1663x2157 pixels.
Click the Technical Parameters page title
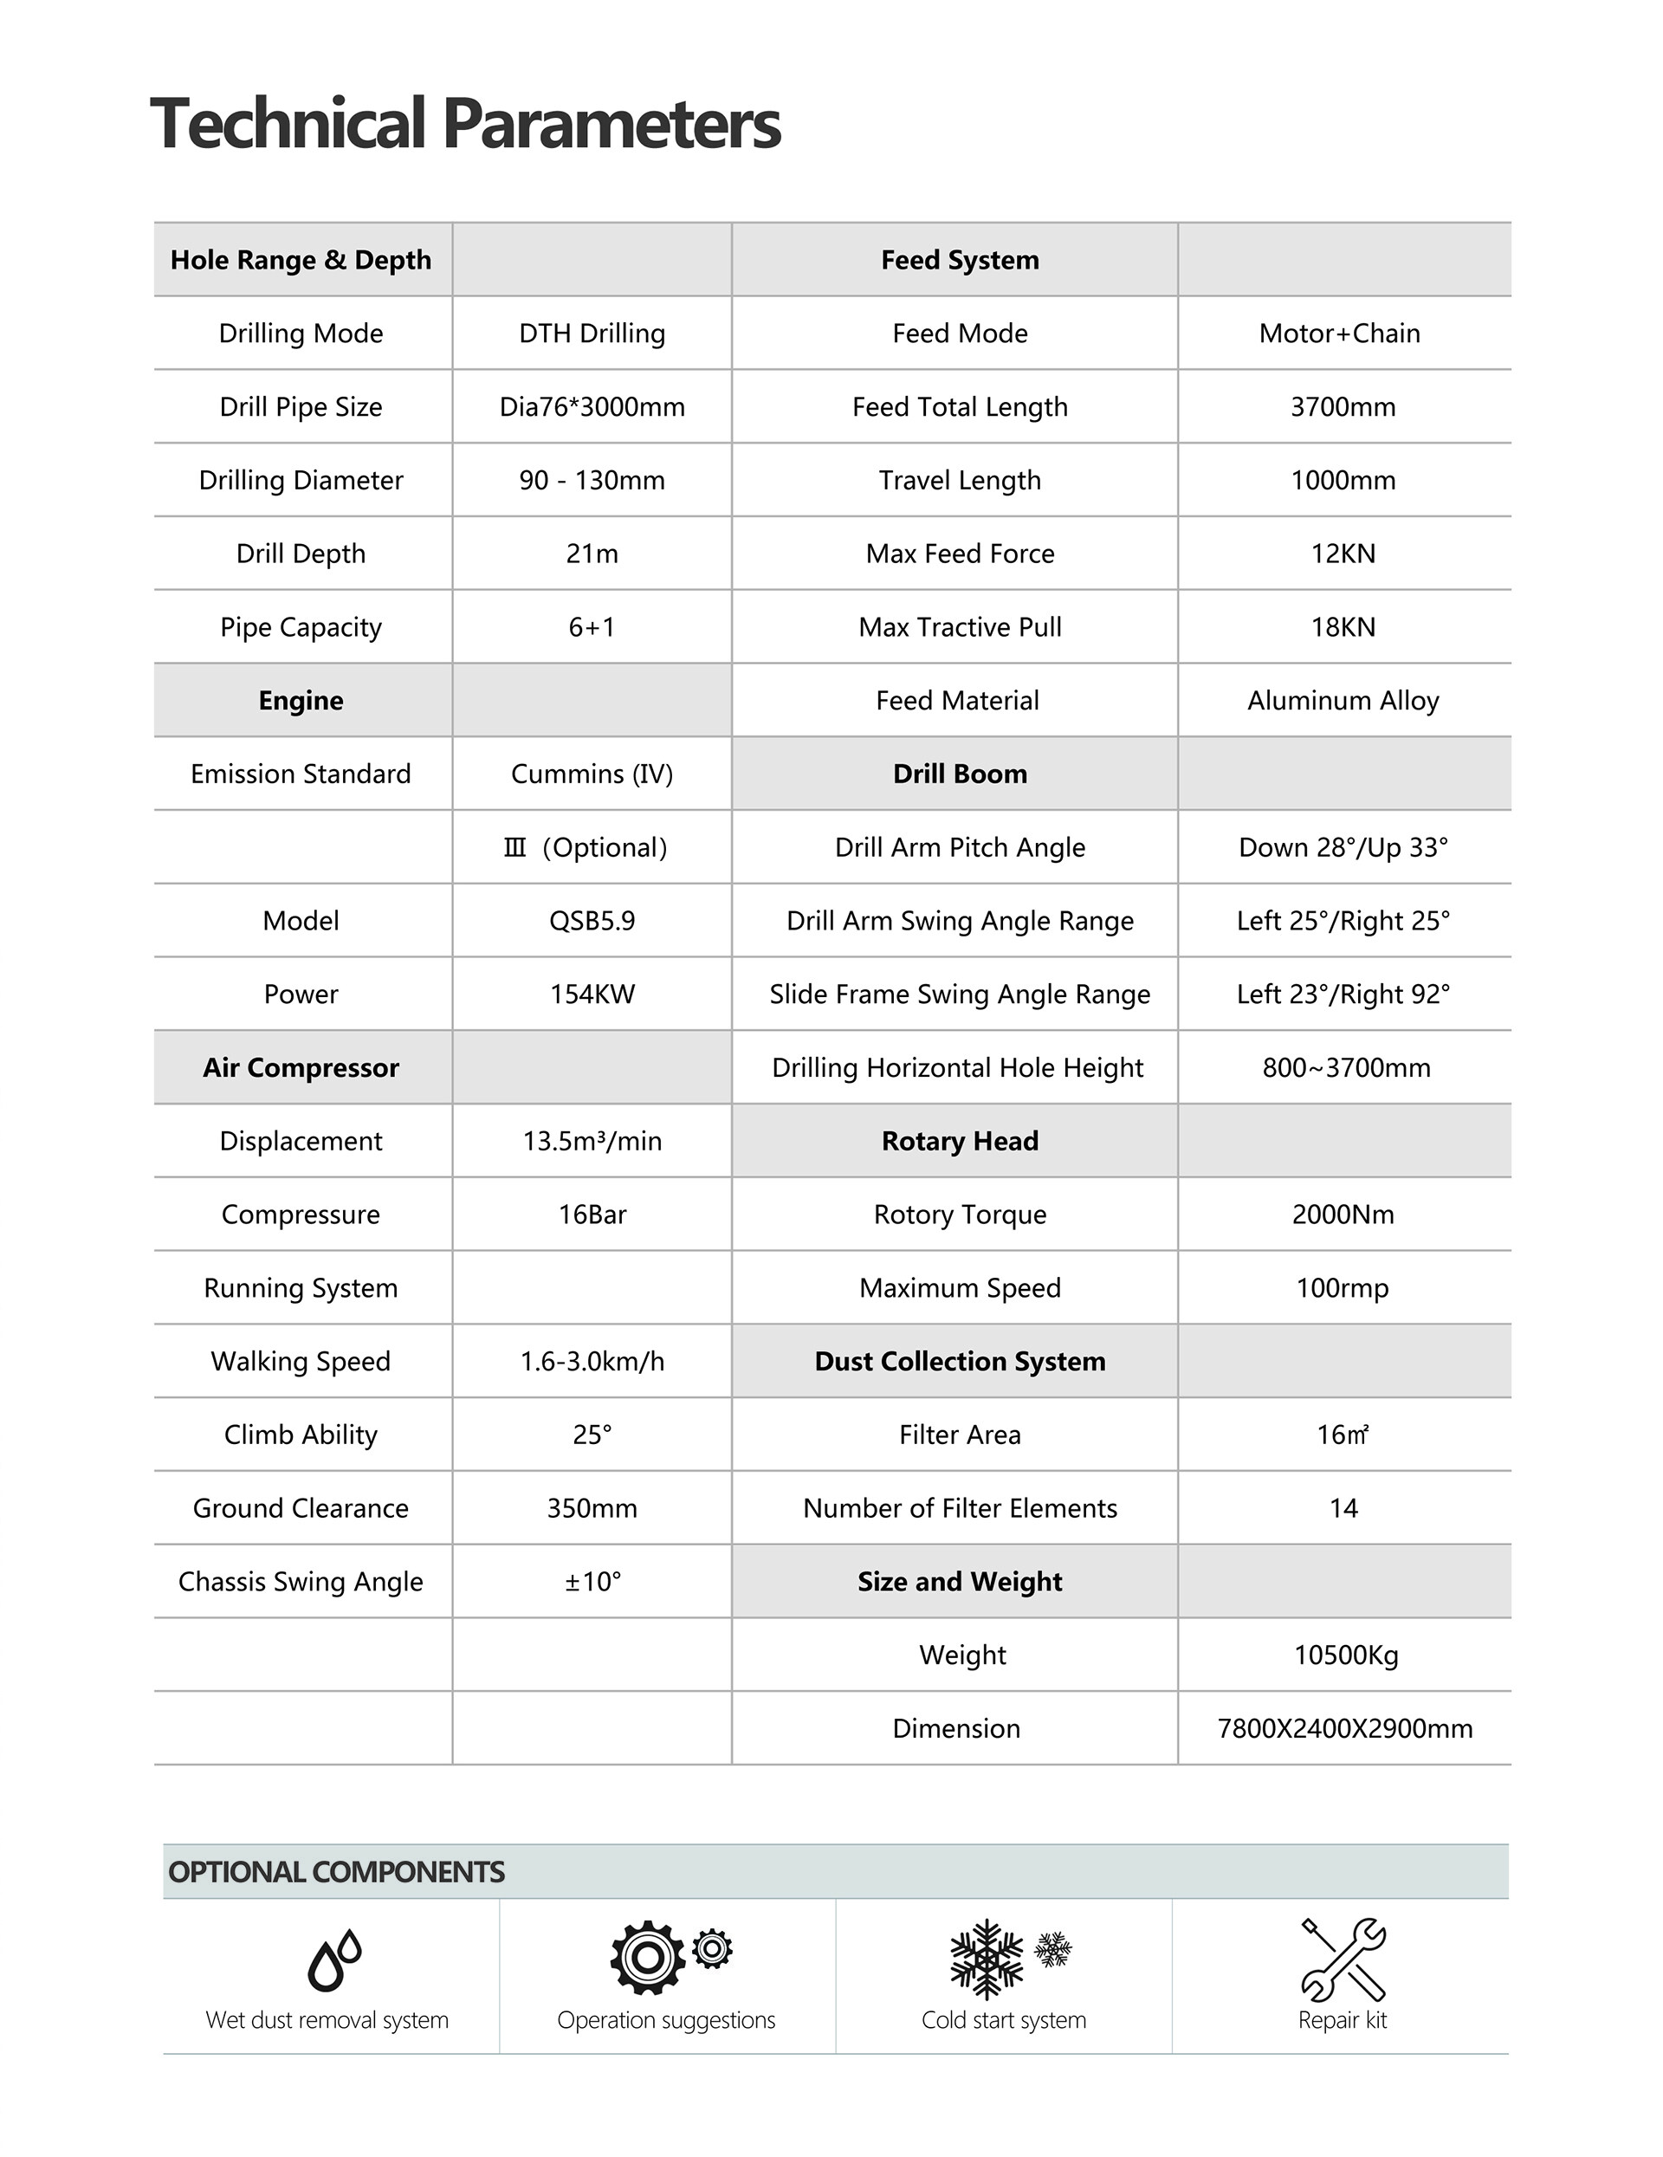[465, 125]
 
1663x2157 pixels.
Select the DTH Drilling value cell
[592, 334]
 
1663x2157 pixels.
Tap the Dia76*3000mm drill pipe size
[592, 407]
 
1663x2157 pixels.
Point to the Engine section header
[301, 701]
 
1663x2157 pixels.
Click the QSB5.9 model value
[592, 922]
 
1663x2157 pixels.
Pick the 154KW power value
[592, 994]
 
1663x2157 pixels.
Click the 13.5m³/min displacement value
[592, 1142]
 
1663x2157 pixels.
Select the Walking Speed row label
[301, 1362]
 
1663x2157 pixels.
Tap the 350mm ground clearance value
[592, 1509]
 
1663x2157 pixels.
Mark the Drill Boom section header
[960, 774]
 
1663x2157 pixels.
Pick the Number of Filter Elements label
[960, 1509]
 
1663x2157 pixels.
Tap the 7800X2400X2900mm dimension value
[1344, 1729]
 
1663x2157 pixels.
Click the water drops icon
[333, 1960]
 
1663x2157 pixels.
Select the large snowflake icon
[986, 1959]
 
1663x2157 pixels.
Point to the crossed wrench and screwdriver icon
[1343, 1959]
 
